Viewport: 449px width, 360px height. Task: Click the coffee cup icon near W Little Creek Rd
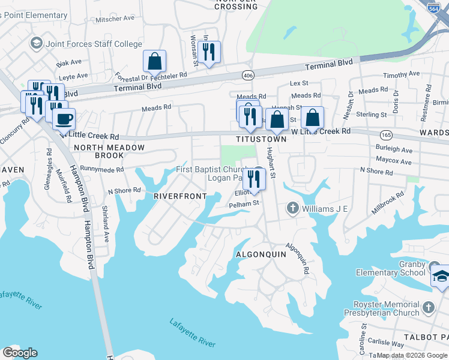pyautogui.click(x=64, y=118)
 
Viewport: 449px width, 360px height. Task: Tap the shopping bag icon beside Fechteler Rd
pyautogui.click(x=154, y=61)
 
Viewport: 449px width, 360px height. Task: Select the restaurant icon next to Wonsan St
pyautogui.click(x=209, y=52)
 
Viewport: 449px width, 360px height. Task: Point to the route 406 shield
pyautogui.click(x=247, y=75)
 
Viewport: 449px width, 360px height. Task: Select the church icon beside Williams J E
pyautogui.click(x=292, y=208)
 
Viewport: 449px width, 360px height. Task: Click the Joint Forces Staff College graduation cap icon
pyautogui.click(x=36, y=43)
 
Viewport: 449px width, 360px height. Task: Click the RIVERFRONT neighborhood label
pyautogui.click(x=180, y=196)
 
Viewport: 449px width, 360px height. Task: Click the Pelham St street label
pyautogui.click(x=243, y=203)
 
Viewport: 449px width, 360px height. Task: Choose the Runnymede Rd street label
pyautogui.click(x=101, y=169)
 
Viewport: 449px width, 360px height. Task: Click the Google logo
pyautogui.click(x=20, y=353)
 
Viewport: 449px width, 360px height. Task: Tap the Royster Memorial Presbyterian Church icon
pyautogui.click(x=428, y=307)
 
